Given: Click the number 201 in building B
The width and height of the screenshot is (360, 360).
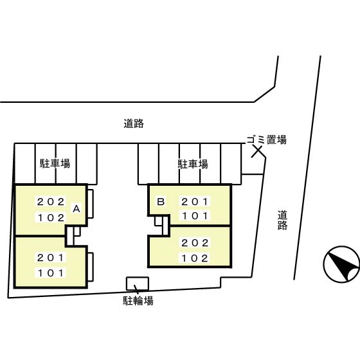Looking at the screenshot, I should (x=194, y=201).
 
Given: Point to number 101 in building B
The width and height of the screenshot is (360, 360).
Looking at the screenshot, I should (x=194, y=216).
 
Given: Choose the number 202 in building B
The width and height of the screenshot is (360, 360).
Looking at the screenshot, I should (x=194, y=244).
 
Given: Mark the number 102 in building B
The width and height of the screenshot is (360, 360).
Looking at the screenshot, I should (x=194, y=259).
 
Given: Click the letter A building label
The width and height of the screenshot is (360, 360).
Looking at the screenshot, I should (x=76, y=209).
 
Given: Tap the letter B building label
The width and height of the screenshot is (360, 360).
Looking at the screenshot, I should (x=161, y=201).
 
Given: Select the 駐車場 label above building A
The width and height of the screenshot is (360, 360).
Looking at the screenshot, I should (x=55, y=164).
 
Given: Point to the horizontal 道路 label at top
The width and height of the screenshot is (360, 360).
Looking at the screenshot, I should (x=134, y=123).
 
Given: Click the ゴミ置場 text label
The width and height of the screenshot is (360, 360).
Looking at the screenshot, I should (x=266, y=139).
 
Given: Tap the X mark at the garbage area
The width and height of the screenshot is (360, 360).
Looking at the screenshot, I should (x=256, y=152).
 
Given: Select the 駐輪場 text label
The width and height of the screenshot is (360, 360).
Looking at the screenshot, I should (x=138, y=300).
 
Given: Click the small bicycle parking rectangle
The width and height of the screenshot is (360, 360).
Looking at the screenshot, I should (x=137, y=283).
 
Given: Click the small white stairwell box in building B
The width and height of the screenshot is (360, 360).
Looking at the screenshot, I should (x=159, y=220).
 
